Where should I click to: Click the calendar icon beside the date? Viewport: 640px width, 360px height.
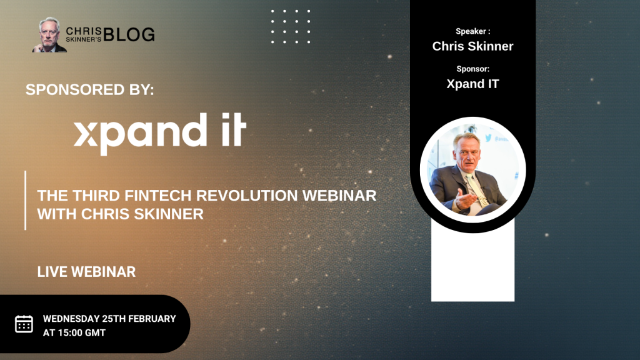click(x=24, y=324)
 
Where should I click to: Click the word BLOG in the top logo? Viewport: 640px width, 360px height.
click(x=129, y=34)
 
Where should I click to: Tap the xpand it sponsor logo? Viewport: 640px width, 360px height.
click(x=160, y=134)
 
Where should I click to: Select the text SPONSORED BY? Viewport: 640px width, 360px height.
click(x=90, y=89)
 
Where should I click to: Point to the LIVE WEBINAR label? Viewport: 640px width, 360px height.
click(x=86, y=272)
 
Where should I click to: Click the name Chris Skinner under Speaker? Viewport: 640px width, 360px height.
click(x=472, y=46)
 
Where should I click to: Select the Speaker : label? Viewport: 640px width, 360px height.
click(x=472, y=31)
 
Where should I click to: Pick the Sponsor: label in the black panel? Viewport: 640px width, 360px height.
click(x=472, y=69)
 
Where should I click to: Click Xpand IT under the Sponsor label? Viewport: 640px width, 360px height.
click(x=472, y=84)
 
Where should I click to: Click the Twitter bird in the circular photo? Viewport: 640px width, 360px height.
click(x=489, y=138)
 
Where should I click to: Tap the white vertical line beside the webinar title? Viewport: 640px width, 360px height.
click(x=25, y=201)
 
